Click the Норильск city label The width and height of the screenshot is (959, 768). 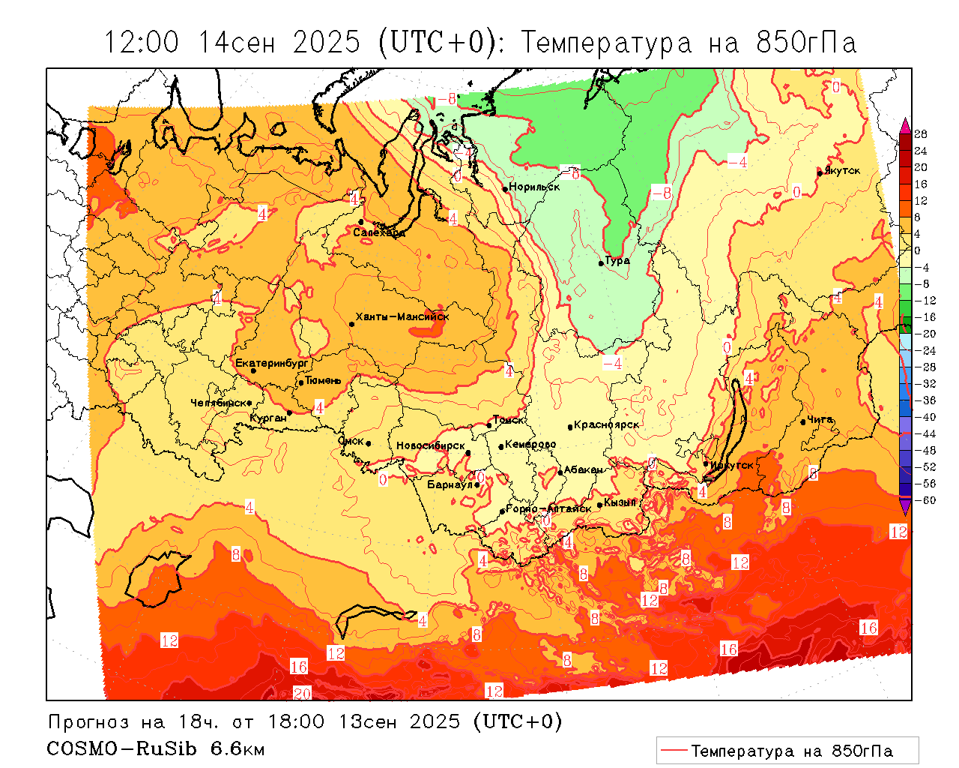pos(534,187)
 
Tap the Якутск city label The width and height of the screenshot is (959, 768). pos(842,170)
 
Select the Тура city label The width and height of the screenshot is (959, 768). pos(617,261)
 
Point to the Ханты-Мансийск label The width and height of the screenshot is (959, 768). pos(402,316)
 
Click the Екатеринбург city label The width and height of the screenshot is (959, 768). pos(272,364)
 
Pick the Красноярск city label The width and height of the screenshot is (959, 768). pos(607,424)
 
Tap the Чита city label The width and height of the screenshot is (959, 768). pos(820,420)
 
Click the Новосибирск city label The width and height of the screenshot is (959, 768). pos(430,445)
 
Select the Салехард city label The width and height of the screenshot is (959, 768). pos(379,232)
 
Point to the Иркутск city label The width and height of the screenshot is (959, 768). pos(732,465)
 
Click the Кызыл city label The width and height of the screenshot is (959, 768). pos(620,502)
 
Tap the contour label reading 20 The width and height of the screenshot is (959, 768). pos(301,693)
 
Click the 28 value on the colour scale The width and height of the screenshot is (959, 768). pos(921,134)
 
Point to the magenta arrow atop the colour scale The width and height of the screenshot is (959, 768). pos(905,124)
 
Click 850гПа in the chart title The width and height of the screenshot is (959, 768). pos(805,43)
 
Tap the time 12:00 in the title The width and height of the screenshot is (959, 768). pos(142,43)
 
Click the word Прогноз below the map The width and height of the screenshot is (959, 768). pos(90,722)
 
